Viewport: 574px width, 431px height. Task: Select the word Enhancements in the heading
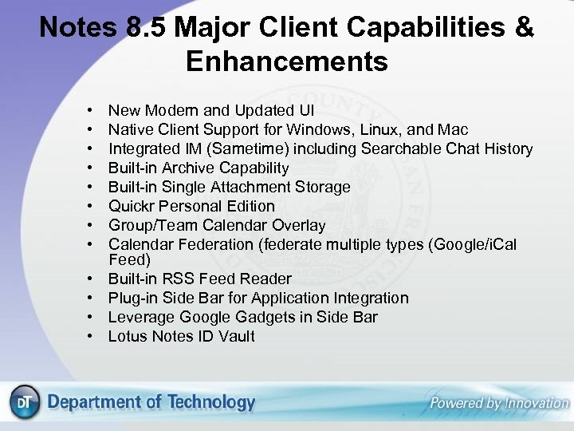tap(287, 61)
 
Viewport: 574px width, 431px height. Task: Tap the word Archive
tap(188, 168)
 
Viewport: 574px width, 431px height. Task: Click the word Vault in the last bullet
tap(236, 336)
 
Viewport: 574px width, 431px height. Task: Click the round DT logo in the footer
tap(25, 404)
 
